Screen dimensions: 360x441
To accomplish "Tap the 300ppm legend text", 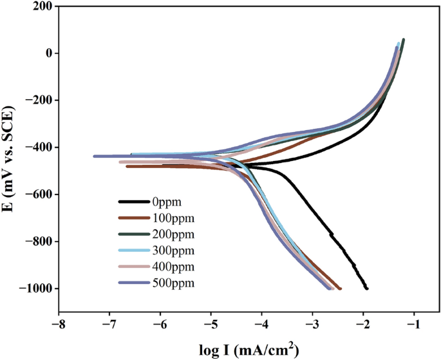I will pos(174,250).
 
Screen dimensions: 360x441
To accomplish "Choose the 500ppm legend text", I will pos(174,283).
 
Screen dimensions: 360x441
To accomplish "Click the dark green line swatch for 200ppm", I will pos(135,233).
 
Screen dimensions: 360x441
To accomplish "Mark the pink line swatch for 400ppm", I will pos(135,266).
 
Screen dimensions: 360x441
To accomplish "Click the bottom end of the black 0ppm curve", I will pos(366,289).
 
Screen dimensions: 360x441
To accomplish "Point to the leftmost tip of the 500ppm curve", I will pos(95,156).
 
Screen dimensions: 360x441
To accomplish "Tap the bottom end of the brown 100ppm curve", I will pos(340,289).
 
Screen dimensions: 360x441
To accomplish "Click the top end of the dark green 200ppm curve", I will pos(403,40).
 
